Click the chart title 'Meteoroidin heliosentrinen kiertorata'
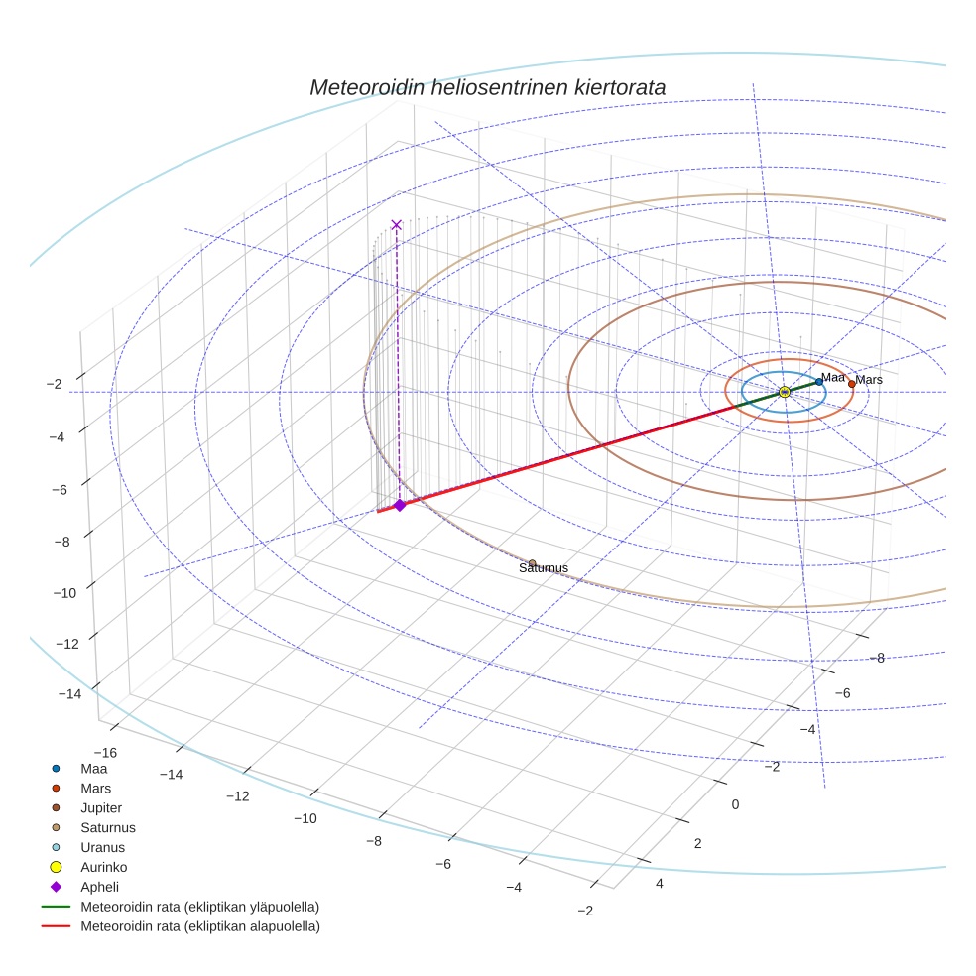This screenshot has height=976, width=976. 487,87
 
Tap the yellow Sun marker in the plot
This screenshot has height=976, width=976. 784,393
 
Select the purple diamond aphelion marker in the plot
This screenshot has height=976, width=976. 400,505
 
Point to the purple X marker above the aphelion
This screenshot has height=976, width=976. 397,225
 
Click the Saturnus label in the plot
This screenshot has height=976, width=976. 544,568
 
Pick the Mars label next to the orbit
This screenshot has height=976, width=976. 869,380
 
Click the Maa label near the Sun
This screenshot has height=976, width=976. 833,377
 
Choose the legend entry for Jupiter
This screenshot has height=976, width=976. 102,807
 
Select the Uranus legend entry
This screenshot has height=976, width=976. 102,847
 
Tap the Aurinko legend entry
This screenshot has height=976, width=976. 104,867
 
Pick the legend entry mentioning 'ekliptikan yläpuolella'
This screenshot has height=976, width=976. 199,907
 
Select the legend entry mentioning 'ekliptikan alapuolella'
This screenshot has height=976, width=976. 199,926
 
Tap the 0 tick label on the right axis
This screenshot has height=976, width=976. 735,803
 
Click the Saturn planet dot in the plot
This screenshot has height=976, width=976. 533,563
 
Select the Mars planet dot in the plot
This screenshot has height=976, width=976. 851,384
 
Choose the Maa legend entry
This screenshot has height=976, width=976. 93,768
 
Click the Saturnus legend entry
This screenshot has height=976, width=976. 108,827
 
